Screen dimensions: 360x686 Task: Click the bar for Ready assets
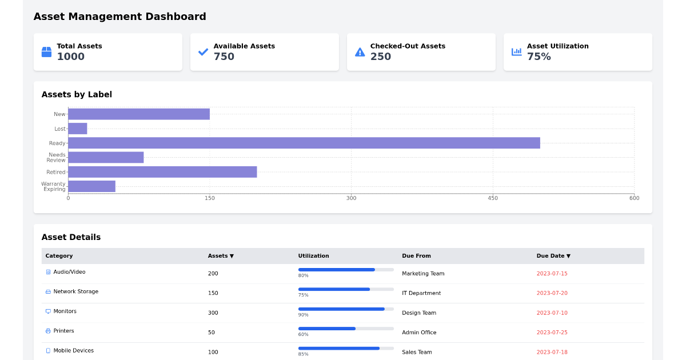(x=304, y=143)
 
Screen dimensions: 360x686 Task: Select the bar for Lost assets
(x=78, y=129)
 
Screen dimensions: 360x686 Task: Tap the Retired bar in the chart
(x=162, y=172)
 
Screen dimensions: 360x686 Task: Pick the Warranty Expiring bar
(x=91, y=186)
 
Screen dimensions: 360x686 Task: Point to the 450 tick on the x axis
(x=493, y=198)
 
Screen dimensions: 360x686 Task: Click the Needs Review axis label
(x=57, y=157)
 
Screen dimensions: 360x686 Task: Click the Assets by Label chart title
(x=77, y=95)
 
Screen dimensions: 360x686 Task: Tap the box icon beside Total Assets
(x=46, y=52)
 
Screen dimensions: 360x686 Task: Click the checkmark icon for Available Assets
(x=203, y=52)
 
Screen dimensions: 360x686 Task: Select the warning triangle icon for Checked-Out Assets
(x=360, y=52)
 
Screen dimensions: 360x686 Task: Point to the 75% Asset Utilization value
(x=539, y=57)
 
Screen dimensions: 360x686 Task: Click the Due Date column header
(x=553, y=256)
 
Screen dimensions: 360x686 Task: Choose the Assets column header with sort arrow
(x=220, y=256)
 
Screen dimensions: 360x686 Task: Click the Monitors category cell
(x=65, y=311)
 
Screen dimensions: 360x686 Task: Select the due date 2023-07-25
(x=552, y=333)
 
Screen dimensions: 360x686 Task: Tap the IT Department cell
(x=421, y=293)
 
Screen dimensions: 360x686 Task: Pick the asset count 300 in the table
(x=213, y=313)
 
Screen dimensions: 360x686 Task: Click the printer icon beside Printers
(x=48, y=331)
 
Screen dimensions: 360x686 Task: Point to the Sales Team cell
(x=417, y=352)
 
